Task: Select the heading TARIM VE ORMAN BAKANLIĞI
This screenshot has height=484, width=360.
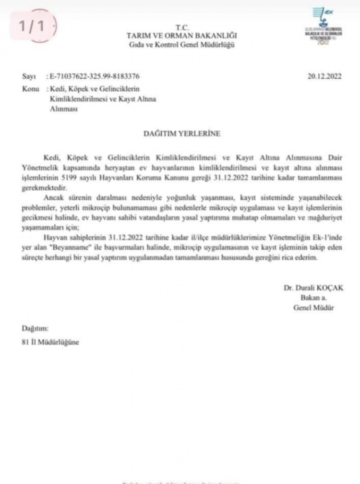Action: [x=181, y=36]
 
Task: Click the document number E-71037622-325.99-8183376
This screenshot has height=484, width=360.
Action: [x=95, y=76]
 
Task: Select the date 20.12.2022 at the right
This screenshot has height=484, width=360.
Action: [x=324, y=76]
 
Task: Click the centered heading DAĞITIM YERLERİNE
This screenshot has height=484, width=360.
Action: [x=182, y=134]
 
